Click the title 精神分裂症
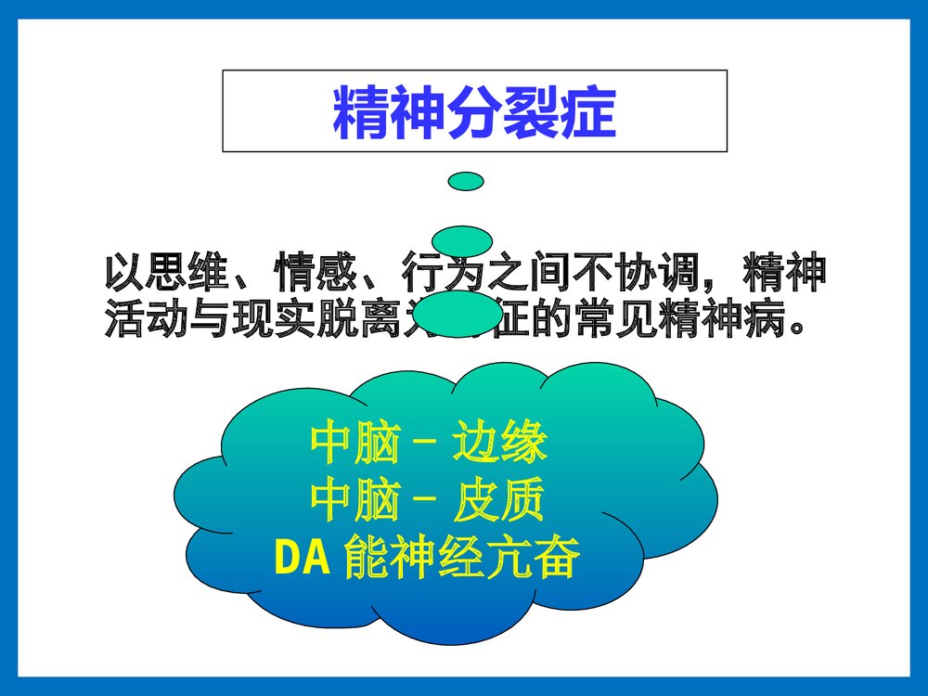pos(474,112)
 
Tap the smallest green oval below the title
pos(465,181)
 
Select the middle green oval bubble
pos(462,239)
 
